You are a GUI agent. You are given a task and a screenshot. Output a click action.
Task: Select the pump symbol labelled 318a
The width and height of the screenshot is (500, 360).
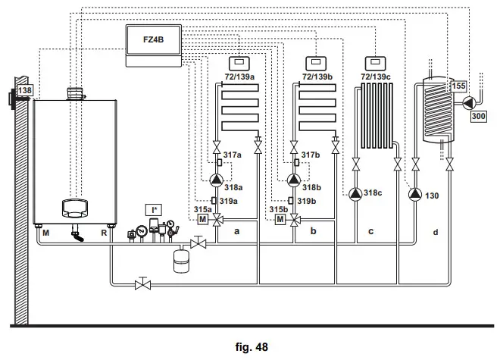click(x=217, y=180)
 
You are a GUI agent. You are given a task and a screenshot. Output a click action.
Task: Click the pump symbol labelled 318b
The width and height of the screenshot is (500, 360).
click(x=293, y=180)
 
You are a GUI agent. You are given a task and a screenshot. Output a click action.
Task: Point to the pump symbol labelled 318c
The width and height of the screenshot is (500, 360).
click(x=355, y=193)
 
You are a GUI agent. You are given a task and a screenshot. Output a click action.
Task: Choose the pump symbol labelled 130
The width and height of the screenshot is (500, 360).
click(x=414, y=193)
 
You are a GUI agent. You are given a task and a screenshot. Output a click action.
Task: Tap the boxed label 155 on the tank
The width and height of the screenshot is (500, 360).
click(x=459, y=86)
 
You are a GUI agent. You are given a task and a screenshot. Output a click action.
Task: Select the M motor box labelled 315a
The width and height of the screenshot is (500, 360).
click(x=202, y=220)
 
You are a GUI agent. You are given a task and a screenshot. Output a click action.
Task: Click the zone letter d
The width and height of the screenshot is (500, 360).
click(x=435, y=231)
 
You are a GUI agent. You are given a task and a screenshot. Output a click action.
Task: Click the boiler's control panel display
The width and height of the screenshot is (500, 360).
click(x=73, y=208)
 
